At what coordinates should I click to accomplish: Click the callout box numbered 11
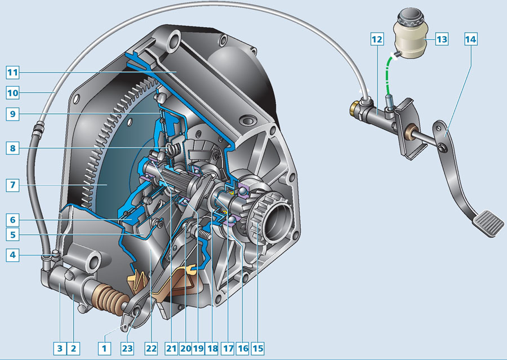(12, 72)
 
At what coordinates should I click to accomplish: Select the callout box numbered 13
(442, 39)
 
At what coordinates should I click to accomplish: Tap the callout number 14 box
(471, 39)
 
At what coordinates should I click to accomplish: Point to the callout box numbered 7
(12, 185)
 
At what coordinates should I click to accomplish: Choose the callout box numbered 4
(12, 255)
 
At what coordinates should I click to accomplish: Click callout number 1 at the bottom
(104, 348)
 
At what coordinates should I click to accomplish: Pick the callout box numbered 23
(127, 348)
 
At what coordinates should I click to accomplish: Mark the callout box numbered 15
(257, 348)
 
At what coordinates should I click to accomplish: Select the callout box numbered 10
(12, 93)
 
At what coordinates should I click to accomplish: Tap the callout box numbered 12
(377, 39)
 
